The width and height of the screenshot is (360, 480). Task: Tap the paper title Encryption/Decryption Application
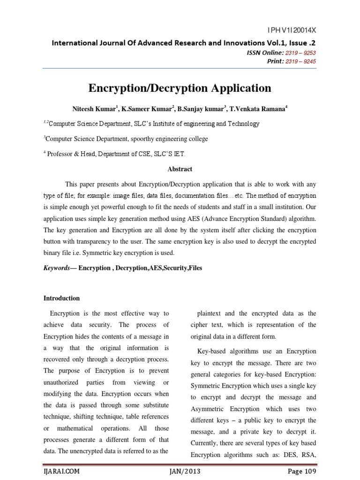(x=180, y=88)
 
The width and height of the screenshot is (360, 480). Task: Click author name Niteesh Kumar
(x=93, y=108)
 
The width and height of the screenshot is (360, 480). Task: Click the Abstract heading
(x=180, y=169)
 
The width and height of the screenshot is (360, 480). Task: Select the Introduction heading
(x=61, y=298)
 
